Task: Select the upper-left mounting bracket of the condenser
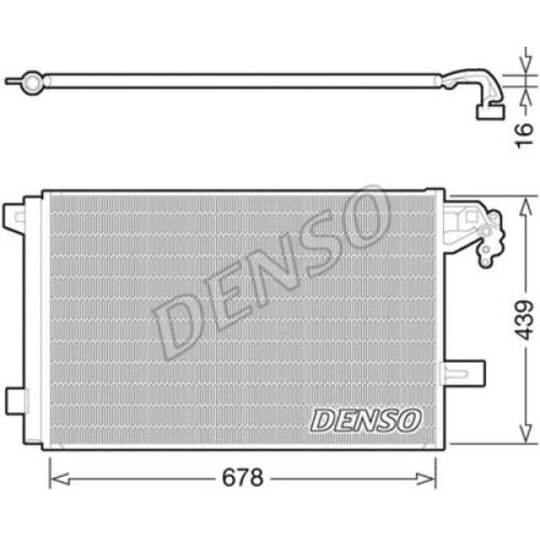click(x=15, y=216)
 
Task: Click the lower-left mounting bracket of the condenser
click(x=15, y=398)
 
